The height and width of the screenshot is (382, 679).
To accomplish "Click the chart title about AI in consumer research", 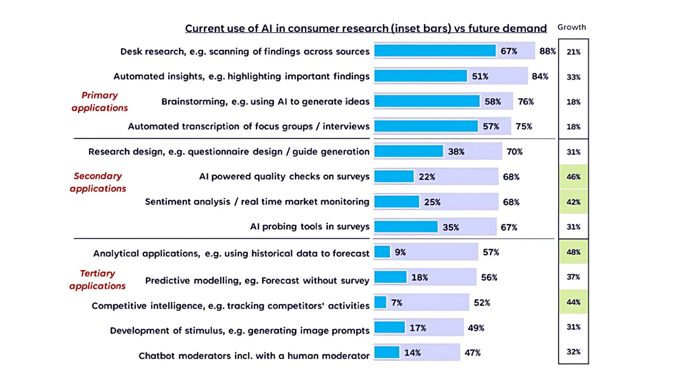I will [365, 29].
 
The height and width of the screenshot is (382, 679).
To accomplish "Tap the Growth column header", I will [572, 28].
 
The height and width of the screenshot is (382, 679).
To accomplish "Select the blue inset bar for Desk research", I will [435, 51].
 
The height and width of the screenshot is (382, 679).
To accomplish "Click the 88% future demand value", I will [547, 51].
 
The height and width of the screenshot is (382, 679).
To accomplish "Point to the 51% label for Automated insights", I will [480, 76].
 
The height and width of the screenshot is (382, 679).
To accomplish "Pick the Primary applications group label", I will [100, 101].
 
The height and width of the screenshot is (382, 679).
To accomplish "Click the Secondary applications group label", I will [98, 182].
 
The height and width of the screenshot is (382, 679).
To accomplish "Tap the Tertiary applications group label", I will [98, 280].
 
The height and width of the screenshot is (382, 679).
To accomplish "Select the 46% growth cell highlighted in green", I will [573, 177].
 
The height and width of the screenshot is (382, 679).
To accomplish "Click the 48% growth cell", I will [573, 252].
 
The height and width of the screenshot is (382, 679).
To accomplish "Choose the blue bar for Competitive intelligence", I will [380, 302].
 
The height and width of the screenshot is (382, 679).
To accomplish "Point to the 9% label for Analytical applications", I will [400, 253].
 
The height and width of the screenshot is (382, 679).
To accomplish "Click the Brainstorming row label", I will [265, 101].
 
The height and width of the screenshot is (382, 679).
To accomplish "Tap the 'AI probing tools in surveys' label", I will [310, 227].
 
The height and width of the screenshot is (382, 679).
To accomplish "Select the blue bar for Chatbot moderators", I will [387, 352].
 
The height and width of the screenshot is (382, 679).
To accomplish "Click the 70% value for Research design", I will [514, 152].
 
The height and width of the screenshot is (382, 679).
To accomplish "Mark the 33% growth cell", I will [573, 77].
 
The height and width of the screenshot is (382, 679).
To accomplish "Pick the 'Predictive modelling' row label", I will [257, 281].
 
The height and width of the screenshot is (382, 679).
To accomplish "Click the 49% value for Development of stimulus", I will [476, 328].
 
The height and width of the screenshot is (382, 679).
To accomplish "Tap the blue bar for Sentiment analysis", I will [396, 202].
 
